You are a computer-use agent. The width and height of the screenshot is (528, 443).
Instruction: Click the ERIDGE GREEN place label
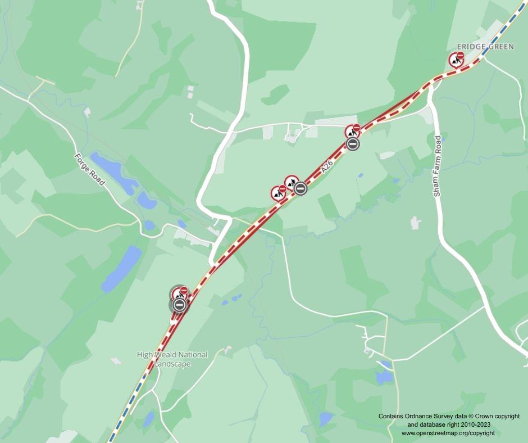485,47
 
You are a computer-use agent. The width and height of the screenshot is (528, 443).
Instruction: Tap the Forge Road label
90,170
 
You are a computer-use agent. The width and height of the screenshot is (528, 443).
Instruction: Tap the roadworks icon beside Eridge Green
456,60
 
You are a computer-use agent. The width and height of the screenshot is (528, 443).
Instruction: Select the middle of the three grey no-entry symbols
301,189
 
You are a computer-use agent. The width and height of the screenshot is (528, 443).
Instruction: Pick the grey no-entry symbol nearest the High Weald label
179,305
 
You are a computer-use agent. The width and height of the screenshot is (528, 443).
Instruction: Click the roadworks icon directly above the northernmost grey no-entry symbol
352,132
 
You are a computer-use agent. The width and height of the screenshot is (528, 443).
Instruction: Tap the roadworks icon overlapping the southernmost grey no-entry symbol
180,293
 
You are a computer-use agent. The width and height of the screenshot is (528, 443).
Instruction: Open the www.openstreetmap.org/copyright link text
448,433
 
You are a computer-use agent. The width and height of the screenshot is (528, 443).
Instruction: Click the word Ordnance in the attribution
428,417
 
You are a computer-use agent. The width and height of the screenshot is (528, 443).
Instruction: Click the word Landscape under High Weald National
173,364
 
